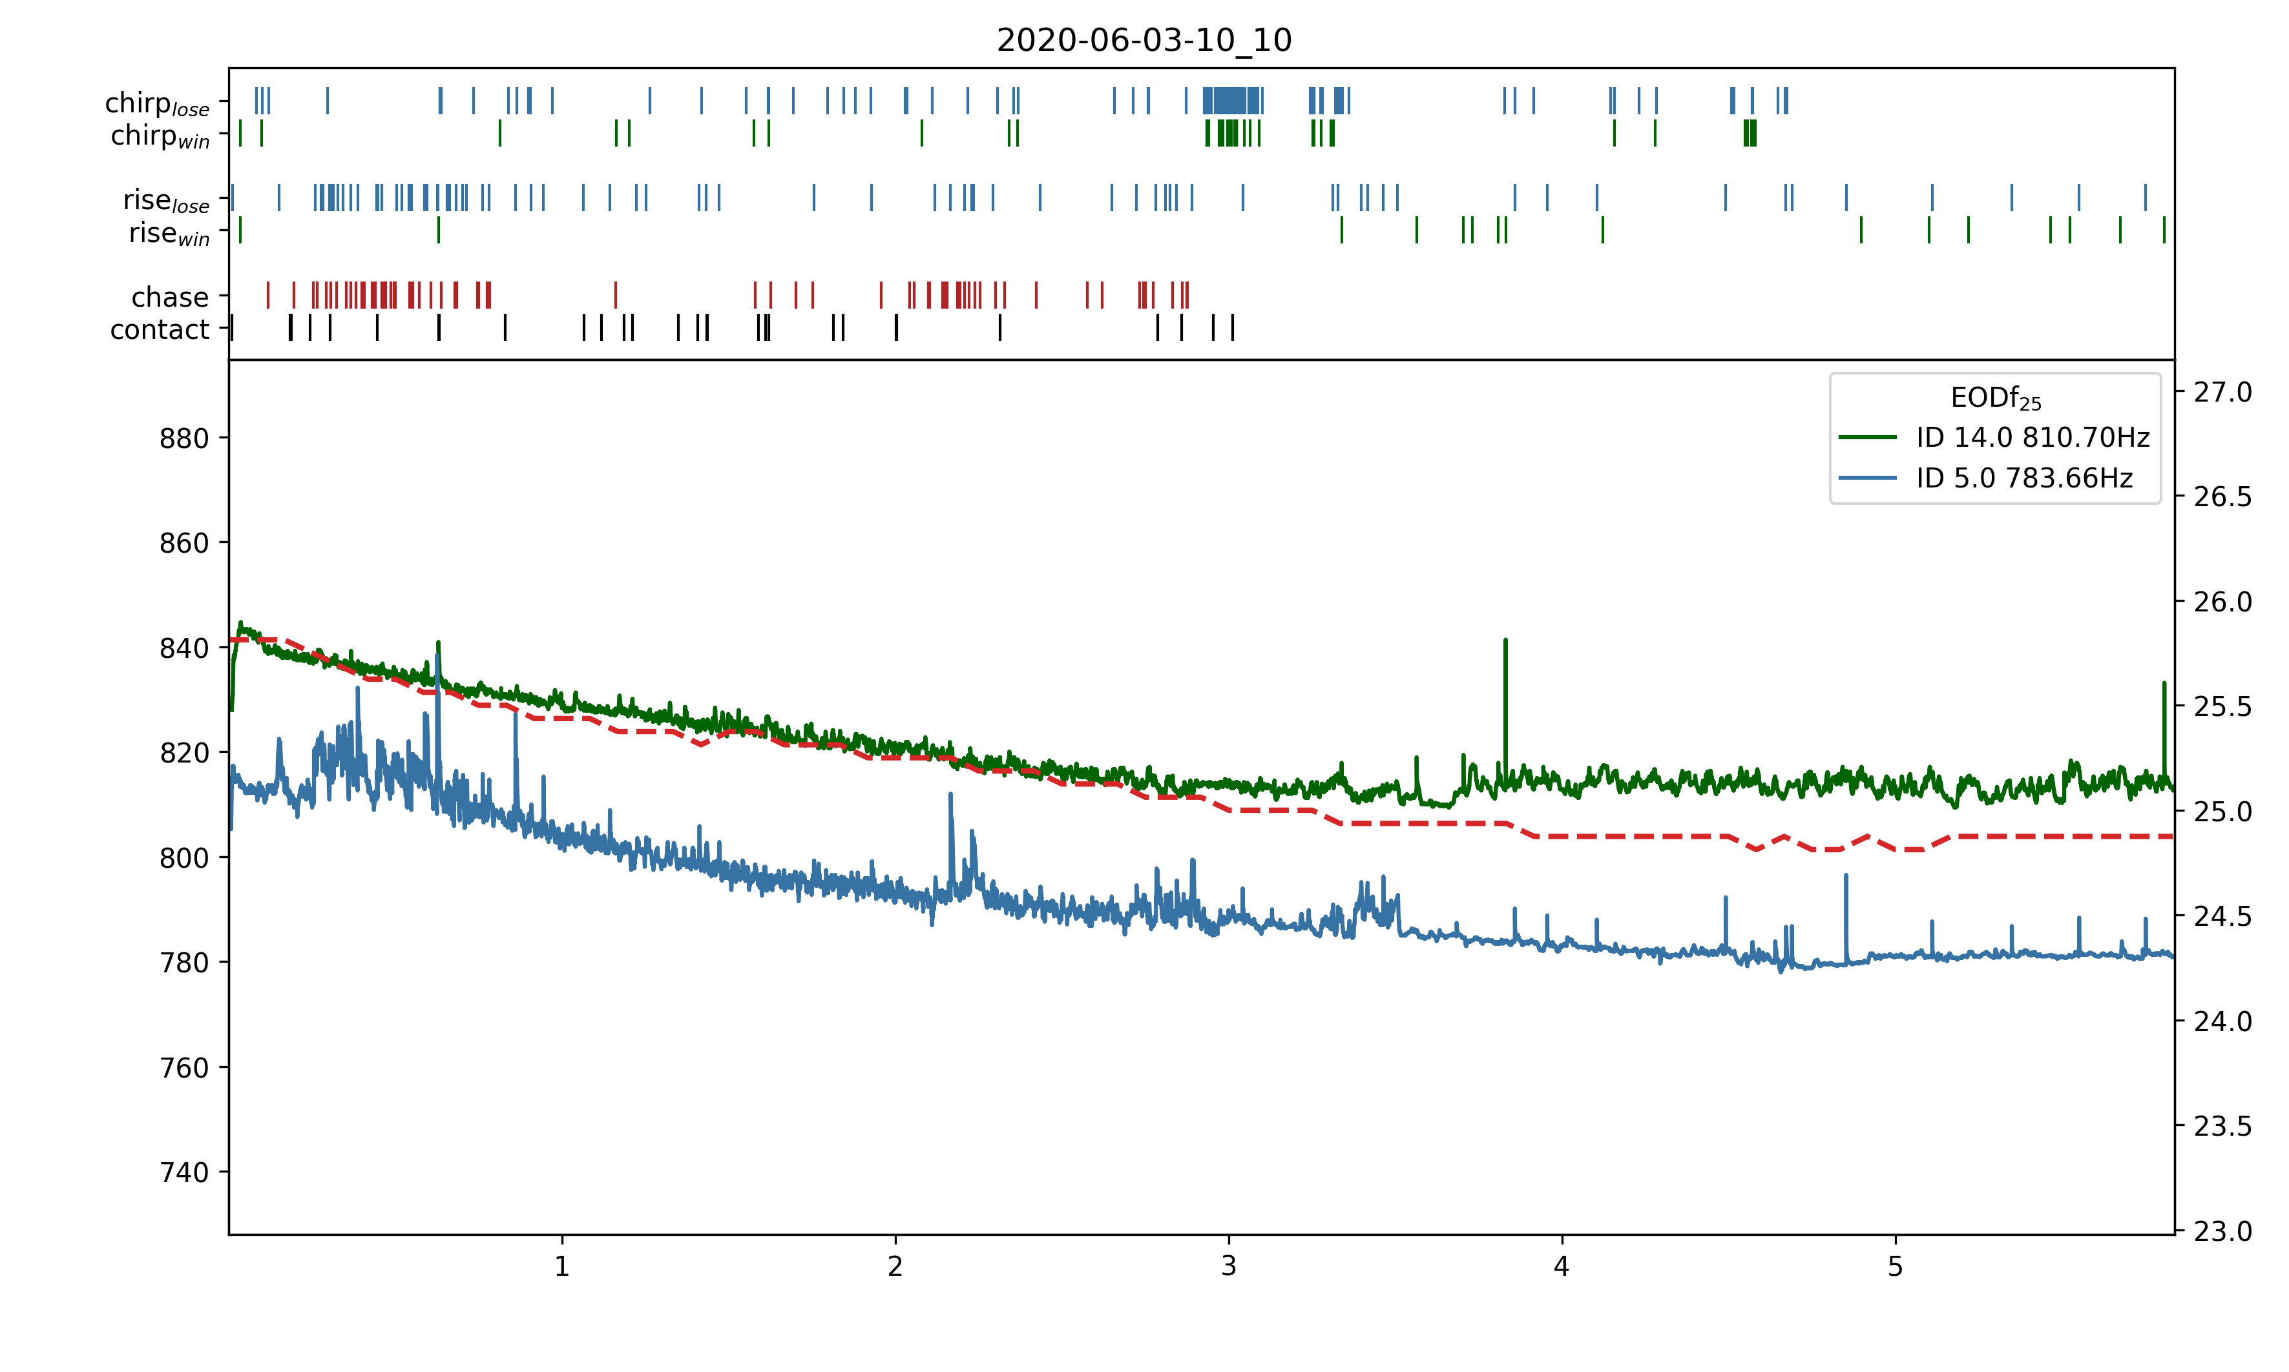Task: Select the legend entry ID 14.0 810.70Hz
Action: point(2032,437)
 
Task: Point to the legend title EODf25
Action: point(1995,398)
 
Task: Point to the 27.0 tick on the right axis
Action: point(2222,392)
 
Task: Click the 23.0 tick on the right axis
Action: point(2222,1231)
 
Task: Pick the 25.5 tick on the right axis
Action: point(2222,707)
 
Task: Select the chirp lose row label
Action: point(157,103)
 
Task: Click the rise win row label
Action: point(169,233)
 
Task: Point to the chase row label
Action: point(170,297)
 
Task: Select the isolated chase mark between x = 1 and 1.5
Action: point(615,295)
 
